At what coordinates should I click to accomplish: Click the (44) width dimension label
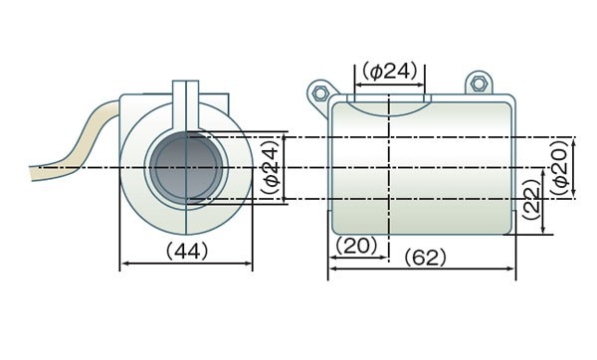[187, 251]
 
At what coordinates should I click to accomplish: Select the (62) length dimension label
[425, 258]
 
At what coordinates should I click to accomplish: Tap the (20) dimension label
[356, 246]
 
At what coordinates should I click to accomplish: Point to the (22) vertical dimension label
[531, 199]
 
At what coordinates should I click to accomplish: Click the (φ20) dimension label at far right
[561, 168]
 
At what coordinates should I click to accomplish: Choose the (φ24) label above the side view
[390, 72]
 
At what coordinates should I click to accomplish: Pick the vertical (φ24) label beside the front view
[272, 168]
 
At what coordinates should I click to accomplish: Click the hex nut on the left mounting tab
[320, 92]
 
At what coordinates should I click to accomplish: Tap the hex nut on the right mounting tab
[479, 84]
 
